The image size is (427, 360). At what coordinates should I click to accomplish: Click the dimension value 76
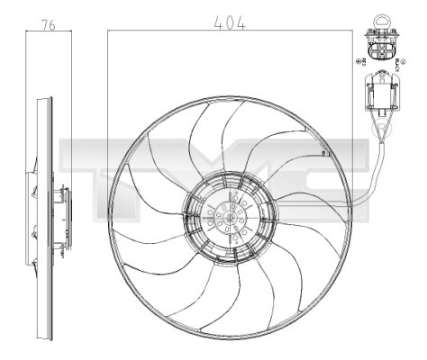50,27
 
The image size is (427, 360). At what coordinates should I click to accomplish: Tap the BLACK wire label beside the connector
399,61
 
